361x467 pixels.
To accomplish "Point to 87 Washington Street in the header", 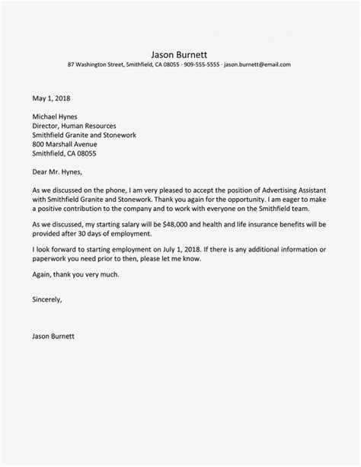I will [x=95, y=65].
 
